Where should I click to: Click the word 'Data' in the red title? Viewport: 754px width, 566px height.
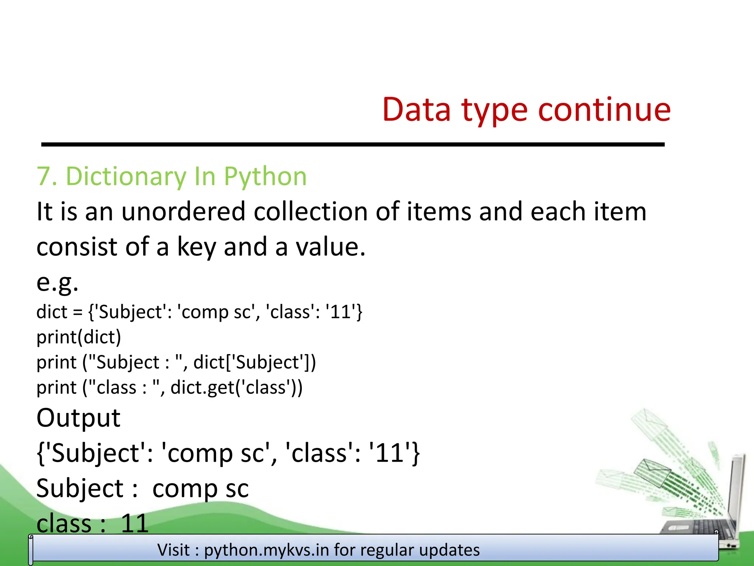click(416, 109)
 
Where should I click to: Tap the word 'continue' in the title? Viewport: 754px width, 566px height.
click(605, 109)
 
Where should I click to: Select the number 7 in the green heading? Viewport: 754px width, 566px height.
click(43, 177)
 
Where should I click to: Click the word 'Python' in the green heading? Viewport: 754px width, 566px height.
click(265, 177)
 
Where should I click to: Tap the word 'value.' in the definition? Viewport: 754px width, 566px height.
click(331, 247)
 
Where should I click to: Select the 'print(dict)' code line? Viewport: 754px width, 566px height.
click(79, 337)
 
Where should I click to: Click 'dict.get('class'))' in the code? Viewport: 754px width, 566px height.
click(236, 388)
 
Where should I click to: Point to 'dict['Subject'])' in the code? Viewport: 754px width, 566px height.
click(254, 362)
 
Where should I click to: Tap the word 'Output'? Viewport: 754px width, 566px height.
click(78, 418)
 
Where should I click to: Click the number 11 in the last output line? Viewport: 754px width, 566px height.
click(134, 523)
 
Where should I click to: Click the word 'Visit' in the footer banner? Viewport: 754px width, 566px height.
click(173, 550)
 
